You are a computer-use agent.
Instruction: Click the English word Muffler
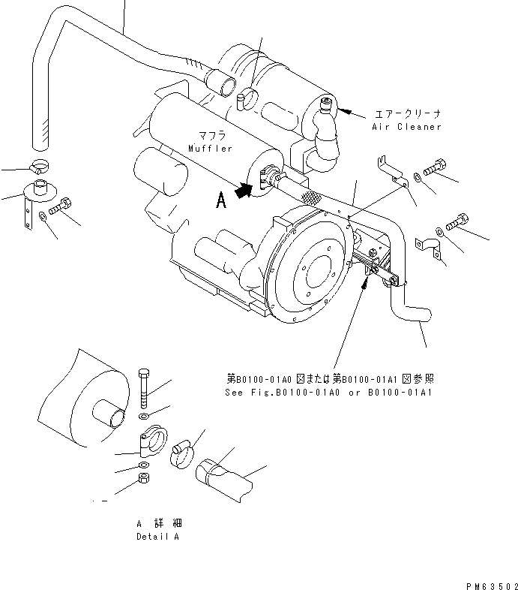click(211, 149)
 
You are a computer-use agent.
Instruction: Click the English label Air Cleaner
click(406, 127)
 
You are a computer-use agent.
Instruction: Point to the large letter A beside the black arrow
click(220, 199)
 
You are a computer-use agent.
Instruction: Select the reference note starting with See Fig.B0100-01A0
click(331, 393)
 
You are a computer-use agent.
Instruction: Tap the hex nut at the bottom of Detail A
click(143, 480)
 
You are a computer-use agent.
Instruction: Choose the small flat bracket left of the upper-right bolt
click(391, 172)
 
